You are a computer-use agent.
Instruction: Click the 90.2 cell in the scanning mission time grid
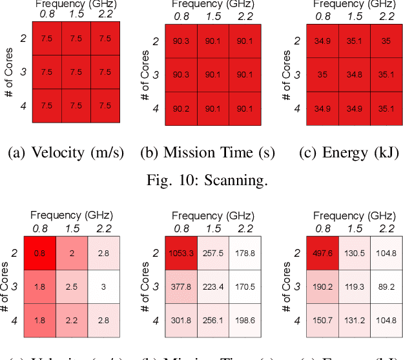tap(181, 108)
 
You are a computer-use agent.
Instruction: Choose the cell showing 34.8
tap(354, 74)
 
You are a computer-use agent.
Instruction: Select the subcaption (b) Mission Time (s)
tap(207, 153)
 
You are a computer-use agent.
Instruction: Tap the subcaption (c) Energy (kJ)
tap(349, 153)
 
